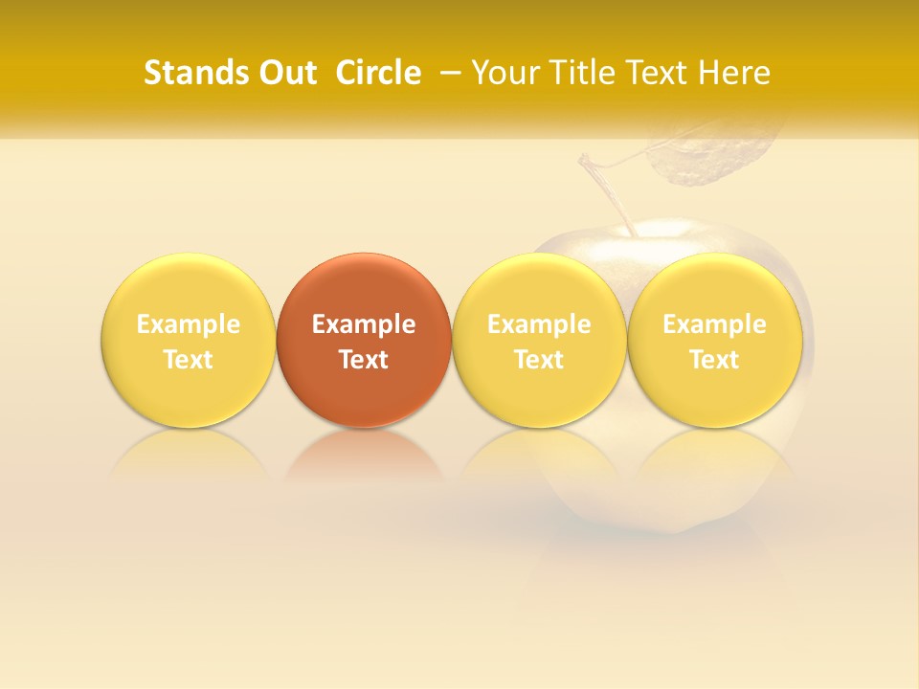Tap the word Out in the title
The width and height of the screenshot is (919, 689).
[287, 73]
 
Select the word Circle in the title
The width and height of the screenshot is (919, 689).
[378, 73]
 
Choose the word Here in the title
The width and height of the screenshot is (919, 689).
[733, 73]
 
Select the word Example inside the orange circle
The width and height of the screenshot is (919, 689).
[364, 324]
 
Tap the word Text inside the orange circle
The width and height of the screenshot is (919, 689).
[364, 360]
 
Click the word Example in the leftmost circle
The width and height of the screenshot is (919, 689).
[189, 324]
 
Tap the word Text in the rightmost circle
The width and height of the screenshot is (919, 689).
[714, 360]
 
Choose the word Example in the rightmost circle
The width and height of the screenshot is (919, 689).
[714, 324]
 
